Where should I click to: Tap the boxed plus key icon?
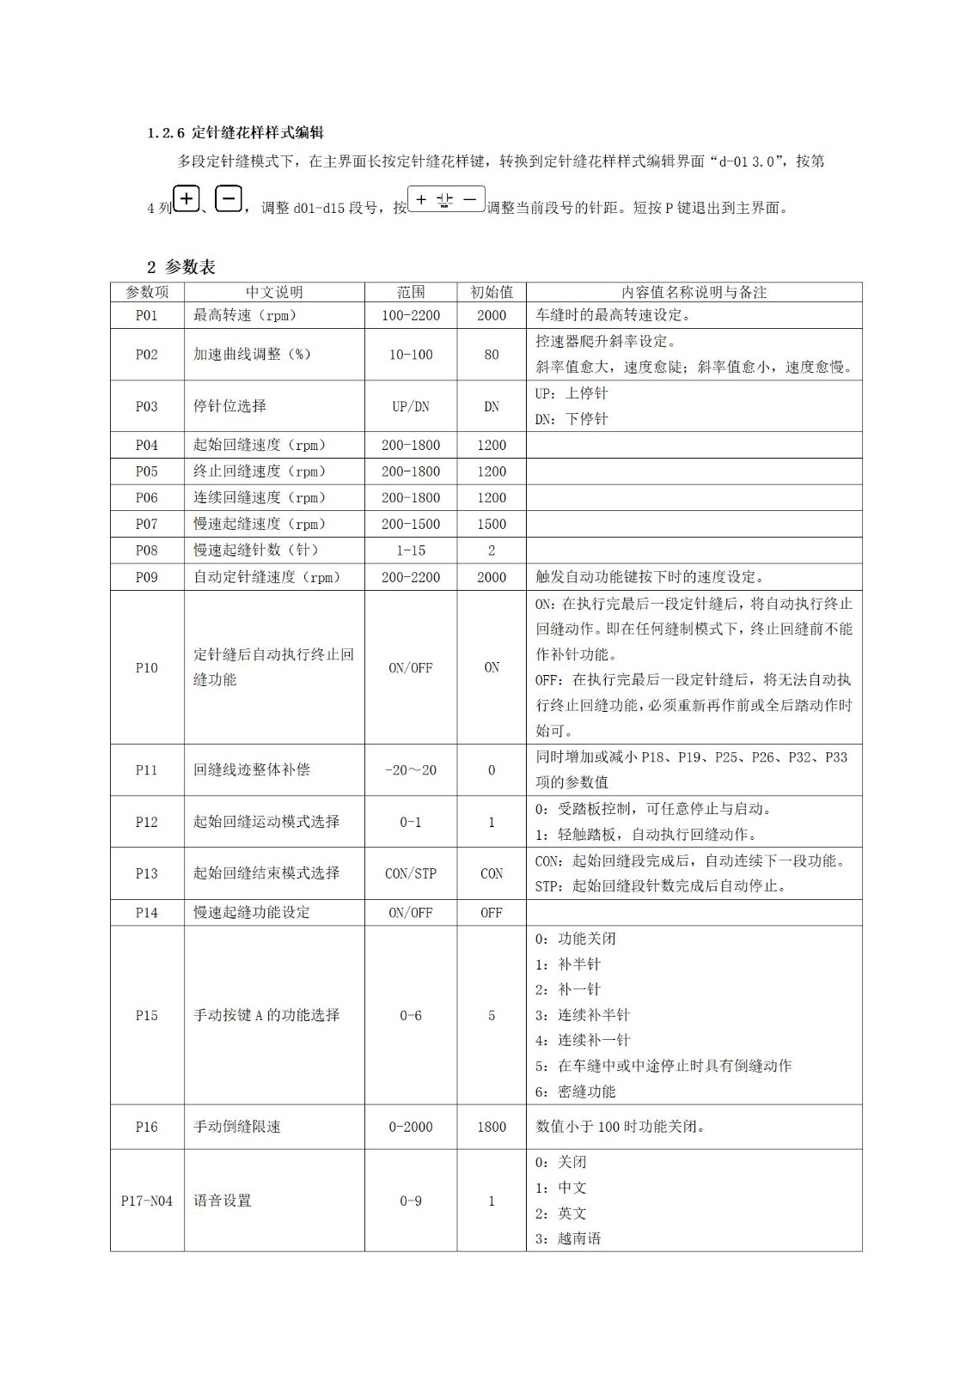pyautogui.click(x=186, y=199)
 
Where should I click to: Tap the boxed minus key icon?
pyautogui.click(x=228, y=199)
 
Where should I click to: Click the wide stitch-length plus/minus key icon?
pyautogui.click(x=446, y=200)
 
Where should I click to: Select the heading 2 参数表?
pyautogui.click(x=180, y=267)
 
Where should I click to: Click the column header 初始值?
pyautogui.click(x=491, y=292)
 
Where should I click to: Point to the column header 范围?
pyautogui.click(x=411, y=292)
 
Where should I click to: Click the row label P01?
pyautogui.click(x=147, y=315)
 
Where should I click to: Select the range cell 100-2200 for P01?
pyautogui.click(x=411, y=315)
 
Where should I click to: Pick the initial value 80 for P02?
pyautogui.click(x=491, y=355)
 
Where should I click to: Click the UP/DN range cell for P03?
pyautogui.click(x=411, y=406)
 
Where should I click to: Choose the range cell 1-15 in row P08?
pyautogui.click(x=411, y=550)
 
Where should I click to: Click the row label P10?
pyautogui.click(x=147, y=667)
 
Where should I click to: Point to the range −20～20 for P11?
pyautogui.click(x=411, y=770)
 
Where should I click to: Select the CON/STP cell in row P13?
pyautogui.click(x=411, y=873)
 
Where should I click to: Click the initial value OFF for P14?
pyautogui.click(x=491, y=913)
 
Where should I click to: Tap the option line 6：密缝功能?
pyautogui.click(x=575, y=1091)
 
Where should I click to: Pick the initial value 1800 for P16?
pyautogui.click(x=491, y=1127)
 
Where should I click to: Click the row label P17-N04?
pyautogui.click(x=147, y=1201)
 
